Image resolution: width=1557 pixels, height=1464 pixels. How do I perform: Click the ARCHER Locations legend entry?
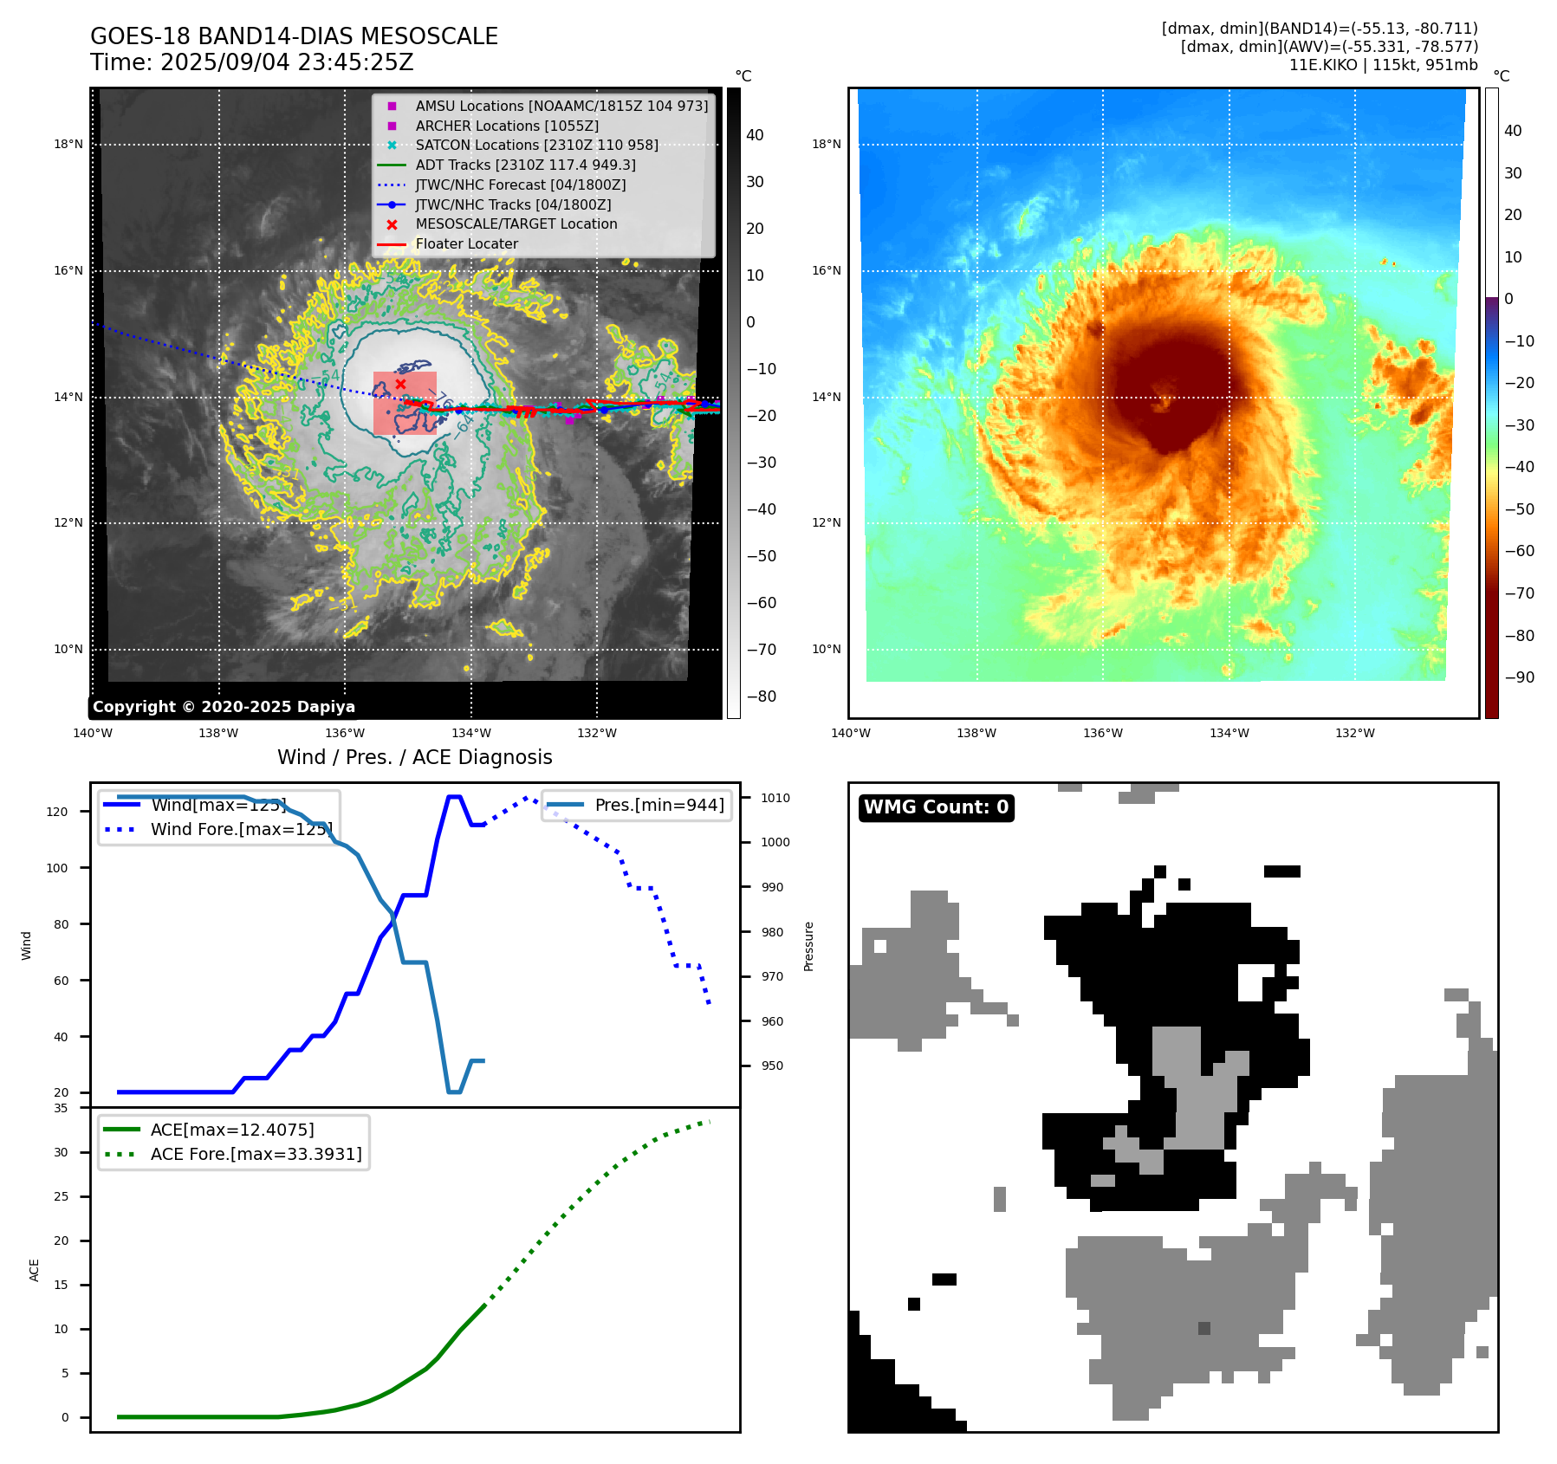coord(507,126)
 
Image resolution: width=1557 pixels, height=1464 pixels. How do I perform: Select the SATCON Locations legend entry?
coord(536,146)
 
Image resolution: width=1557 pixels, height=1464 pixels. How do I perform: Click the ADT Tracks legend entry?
coord(525,165)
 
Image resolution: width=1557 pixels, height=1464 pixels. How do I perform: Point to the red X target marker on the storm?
coord(400,384)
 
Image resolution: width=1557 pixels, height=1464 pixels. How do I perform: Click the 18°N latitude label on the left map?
coord(68,145)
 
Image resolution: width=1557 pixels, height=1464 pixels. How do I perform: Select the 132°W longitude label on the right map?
coord(1354,733)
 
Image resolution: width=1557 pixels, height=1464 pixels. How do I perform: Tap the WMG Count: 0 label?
coord(936,807)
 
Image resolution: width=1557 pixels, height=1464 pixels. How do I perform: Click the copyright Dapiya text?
coord(224,707)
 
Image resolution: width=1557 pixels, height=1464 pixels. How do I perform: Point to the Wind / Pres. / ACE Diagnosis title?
coord(414,757)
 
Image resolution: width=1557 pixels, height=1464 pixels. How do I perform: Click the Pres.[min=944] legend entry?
coord(658,805)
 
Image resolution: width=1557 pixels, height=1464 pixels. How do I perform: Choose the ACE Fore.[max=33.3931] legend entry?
coord(256,1154)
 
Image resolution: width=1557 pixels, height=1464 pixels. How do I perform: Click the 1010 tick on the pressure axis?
coord(775,798)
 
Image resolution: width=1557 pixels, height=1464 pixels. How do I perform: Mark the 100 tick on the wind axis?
coord(57,868)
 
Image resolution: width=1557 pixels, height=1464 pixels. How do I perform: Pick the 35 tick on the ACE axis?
coord(61,1108)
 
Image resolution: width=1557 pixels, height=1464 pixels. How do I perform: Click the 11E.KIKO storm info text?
coord(1383,65)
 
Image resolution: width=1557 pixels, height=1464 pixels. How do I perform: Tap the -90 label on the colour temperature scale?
coord(1519,677)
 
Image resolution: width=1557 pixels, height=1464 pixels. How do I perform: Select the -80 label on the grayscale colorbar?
coord(762,696)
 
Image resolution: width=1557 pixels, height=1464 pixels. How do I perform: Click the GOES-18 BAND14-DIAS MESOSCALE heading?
coord(294,36)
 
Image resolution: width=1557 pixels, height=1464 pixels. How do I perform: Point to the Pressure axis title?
coord(808,946)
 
